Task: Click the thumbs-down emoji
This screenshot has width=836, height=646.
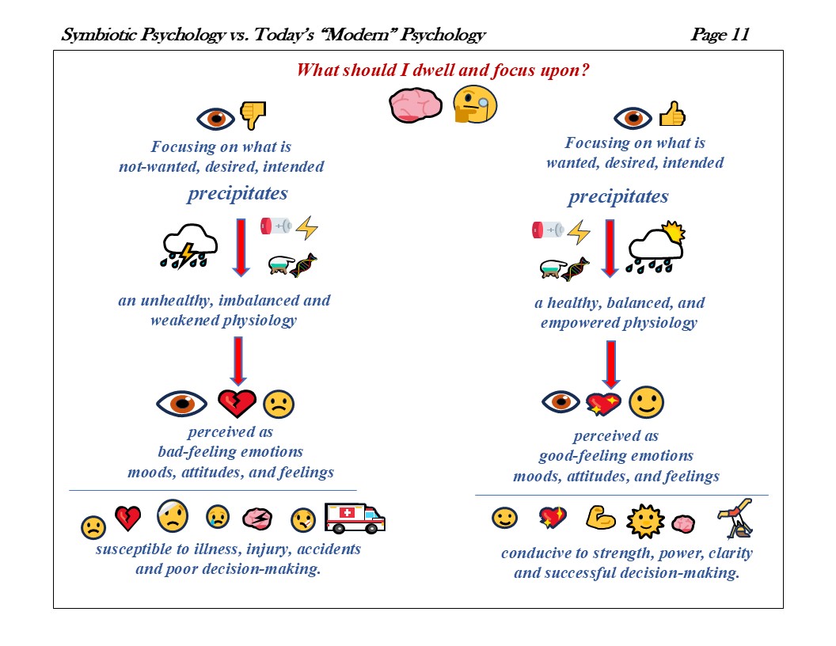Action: pos(253,116)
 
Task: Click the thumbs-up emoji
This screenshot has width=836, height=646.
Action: pos(672,115)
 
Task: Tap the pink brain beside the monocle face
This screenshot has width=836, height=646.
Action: pos(414,104)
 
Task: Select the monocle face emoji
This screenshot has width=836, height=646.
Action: pos(474,105)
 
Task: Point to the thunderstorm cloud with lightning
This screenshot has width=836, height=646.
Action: pos(188,245)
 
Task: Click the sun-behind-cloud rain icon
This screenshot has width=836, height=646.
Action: pos(655,247)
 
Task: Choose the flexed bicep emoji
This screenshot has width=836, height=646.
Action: pos(601,518)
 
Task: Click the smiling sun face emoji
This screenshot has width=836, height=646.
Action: pos(645,521)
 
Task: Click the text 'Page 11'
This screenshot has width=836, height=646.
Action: pos(719,35)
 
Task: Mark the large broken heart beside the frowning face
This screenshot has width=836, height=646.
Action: pos(237,403)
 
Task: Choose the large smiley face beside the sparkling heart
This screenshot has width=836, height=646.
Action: pos(646,403)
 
